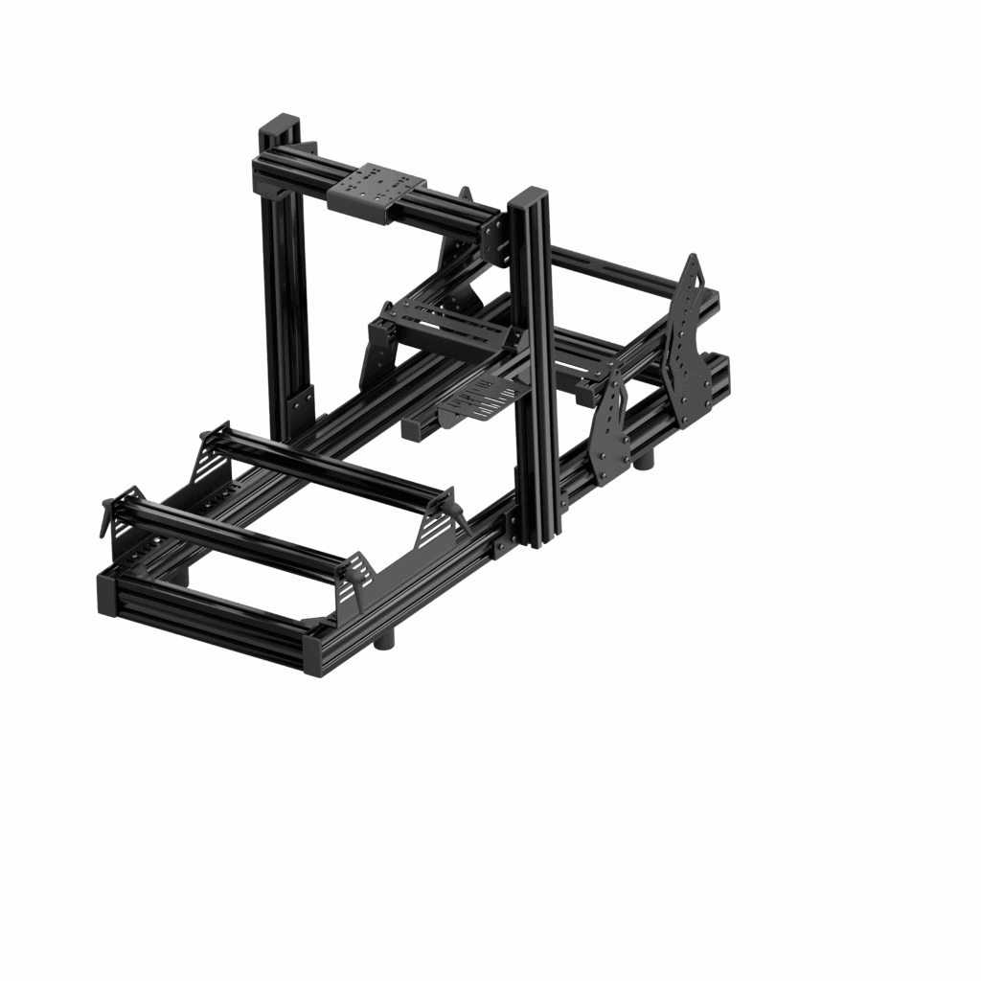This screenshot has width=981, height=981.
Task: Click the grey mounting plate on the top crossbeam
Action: click(x=376, y=188)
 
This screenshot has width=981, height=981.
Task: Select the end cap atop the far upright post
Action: click(x=280, y=125)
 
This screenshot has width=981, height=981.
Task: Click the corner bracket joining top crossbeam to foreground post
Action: click(x=495, y=237)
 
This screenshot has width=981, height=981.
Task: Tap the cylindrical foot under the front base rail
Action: click(x=384, y=640)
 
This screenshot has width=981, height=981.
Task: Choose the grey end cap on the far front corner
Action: click(x=106, y=594)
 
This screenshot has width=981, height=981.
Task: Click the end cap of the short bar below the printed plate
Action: click(x=411, y=430)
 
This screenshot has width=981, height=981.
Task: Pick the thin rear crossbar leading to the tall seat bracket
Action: click(x=613, y=268)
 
